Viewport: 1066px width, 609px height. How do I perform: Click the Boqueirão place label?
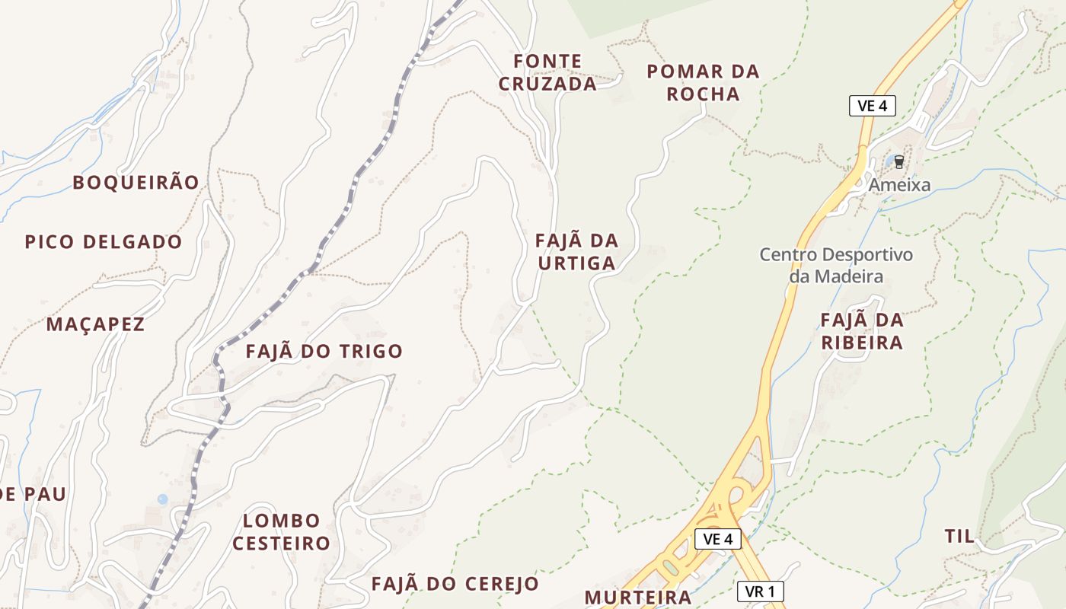[136, 183]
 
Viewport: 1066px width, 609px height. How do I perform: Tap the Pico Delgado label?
[104, 242]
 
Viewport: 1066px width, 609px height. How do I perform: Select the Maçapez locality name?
[95, 324]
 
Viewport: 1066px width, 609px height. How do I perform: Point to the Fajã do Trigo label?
[324, 351]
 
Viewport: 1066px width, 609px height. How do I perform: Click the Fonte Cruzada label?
[547, 72]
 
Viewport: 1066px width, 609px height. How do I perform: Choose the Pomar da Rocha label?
[703, 82]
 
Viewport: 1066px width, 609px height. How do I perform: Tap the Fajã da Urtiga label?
[576, 252]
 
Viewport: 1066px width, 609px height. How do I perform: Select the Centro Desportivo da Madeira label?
[835, 265]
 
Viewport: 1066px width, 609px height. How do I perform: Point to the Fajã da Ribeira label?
[862, 331]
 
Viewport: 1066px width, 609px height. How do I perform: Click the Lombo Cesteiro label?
[281, 532]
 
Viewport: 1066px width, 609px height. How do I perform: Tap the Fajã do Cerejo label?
[455, 584]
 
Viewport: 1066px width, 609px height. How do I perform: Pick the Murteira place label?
[638, 596]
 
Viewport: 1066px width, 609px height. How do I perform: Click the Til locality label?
[959, 536]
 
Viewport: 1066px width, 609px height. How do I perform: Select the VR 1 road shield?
[760, 591]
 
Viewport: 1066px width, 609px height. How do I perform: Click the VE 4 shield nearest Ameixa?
[872, 106]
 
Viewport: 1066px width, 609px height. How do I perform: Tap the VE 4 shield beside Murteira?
[717, 539]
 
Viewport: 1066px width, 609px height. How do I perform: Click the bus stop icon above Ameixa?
[899, 162]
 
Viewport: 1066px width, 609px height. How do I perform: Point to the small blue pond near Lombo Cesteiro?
[162, 499]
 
